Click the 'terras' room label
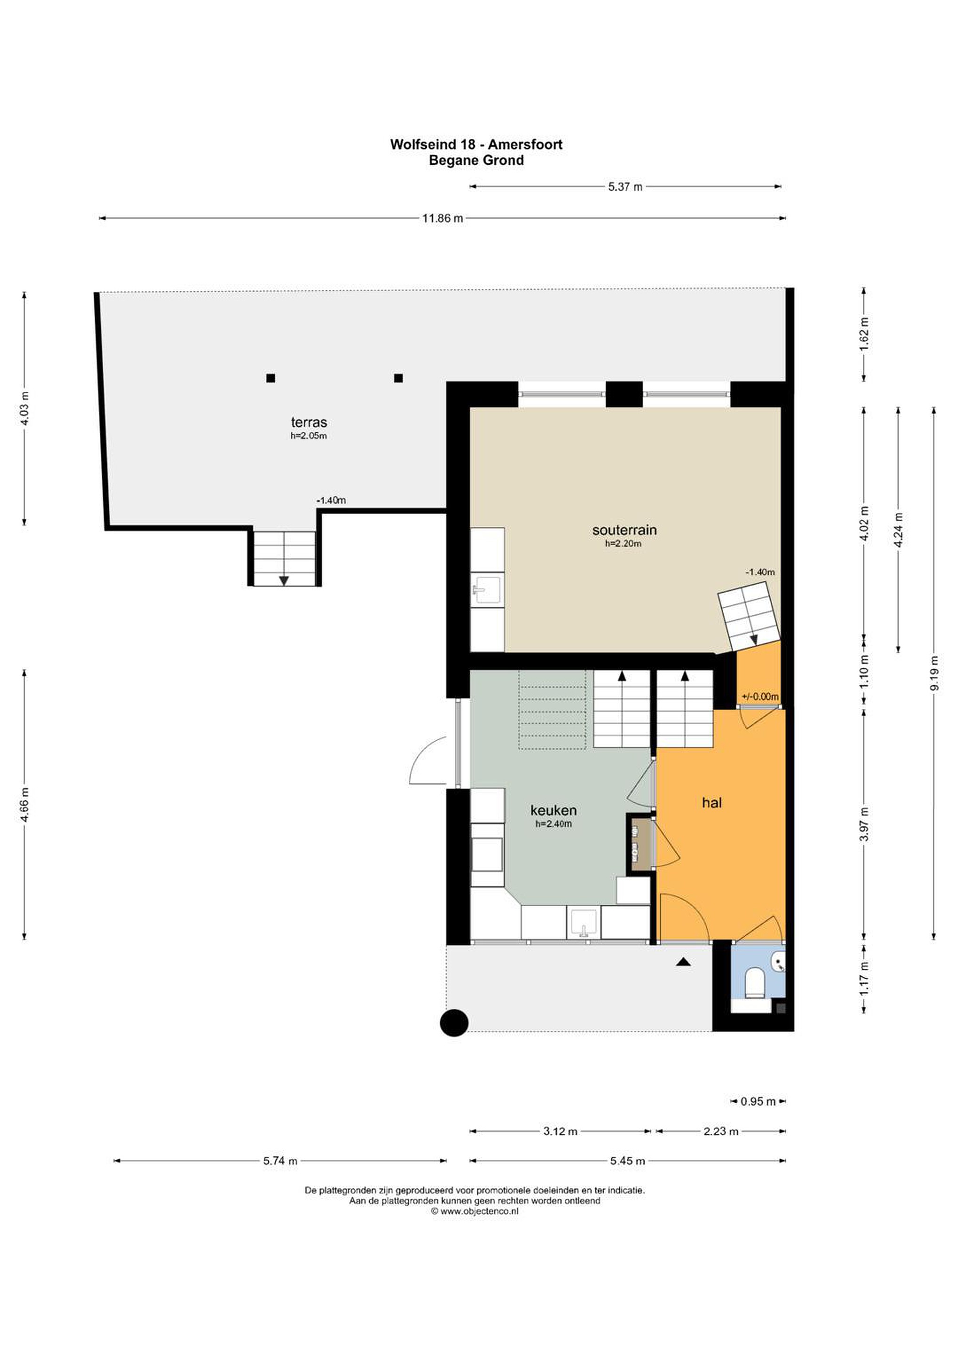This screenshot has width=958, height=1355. pyautogui.click(x=309, y=422)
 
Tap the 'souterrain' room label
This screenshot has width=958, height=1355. pyautogui.click(x=624, y=530)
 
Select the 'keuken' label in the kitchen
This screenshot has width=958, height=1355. pyautogui.click(x=553, y=810)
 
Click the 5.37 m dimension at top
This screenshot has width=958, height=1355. pyautogui.click(x=625, y=187)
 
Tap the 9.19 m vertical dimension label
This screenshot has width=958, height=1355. pyautogui.click(x=933, y=672)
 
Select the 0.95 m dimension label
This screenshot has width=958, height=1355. pyautogui.click(x=758, y=1102)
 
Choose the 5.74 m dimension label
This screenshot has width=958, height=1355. pyautogui.click(x=280, y=1161)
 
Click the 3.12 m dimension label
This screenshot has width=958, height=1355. pyautogui.click(x=560, y=1132)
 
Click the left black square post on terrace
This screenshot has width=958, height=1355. pyautogui.click(x=271, y=378)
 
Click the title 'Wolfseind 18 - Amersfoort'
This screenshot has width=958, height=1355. pyautogui.click(x=476, y=144)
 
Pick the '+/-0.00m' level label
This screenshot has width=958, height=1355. pyautogui.click(x=760, y=696)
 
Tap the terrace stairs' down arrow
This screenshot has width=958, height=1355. pyautogui.click(x=284, y=581)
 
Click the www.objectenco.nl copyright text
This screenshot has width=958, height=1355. pyautogui.click(x=475, y=1212)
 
